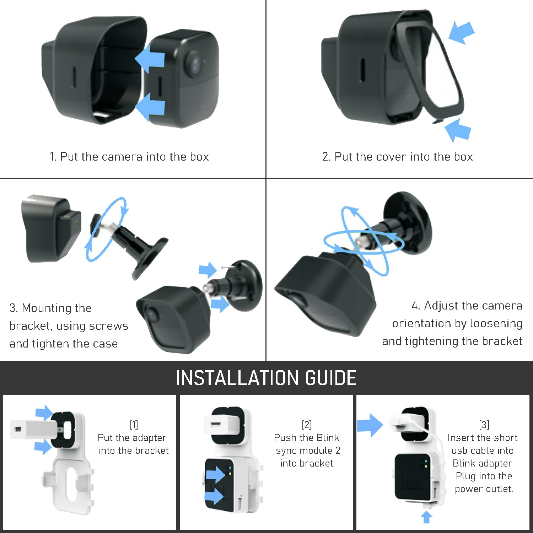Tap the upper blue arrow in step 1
pos(150,59)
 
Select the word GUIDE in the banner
pos(330,378)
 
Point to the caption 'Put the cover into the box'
pos(397,157)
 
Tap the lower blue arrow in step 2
pos(458,130)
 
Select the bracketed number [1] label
pos(134,425)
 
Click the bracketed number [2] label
pos(307,425)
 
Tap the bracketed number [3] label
pos(484,425)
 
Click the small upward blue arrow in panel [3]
pos(427,517)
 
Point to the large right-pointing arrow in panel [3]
pos(370,425)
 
